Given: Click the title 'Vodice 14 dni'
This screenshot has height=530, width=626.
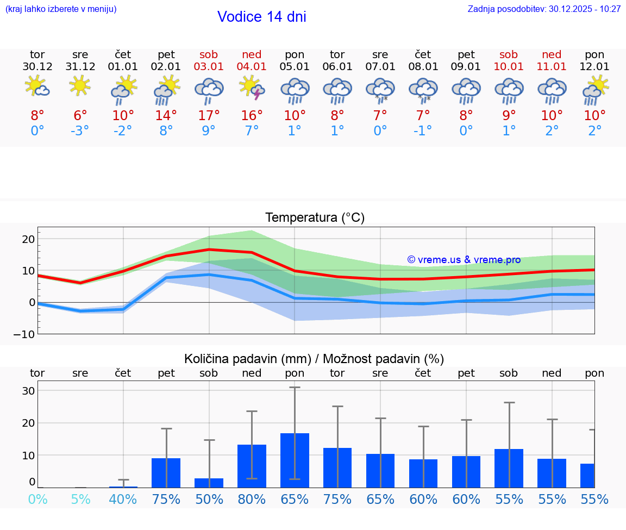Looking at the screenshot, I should coord(261,17).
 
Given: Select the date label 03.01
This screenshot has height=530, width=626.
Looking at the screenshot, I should coord(209,66).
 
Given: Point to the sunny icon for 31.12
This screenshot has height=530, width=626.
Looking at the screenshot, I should coord(80,85).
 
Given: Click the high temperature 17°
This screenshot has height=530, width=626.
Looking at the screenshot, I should coord(209,115).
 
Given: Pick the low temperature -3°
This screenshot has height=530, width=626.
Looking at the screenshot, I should coord(80,131).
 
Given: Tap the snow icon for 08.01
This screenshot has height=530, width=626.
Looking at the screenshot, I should coord(423,90).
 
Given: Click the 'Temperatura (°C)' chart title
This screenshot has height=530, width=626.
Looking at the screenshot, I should coord(315,217).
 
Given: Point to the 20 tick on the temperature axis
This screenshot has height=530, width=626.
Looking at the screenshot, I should coord(28,239).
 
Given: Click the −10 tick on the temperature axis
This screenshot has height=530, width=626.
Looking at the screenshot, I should coord(24,334).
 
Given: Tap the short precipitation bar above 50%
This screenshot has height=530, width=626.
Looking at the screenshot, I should coord(209,483).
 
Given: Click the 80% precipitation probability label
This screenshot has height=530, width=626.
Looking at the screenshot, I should coord(252,499).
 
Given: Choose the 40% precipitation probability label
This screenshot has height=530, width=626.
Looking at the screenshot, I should coord(123,499).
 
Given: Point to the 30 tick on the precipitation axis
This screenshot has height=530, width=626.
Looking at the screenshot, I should coord(28,391).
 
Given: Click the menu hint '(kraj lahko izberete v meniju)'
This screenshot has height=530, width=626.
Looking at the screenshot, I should coord(61,9).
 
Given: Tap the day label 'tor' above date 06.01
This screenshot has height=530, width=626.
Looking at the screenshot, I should coord(337,54).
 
